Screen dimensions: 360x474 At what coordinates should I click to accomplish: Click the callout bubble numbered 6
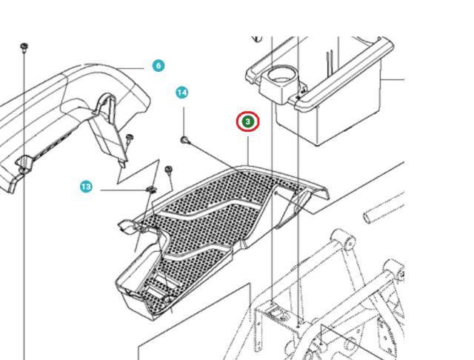tap(158, 66)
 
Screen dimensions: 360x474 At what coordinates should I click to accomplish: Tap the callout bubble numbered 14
tap(182, 93)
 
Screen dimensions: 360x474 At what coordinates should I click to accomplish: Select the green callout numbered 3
tap(248, 121)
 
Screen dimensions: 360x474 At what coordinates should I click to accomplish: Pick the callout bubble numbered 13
tap(86, 187)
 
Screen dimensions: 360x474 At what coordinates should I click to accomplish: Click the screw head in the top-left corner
tap(24, 47)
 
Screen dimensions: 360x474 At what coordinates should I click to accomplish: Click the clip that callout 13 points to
tap(151, 191)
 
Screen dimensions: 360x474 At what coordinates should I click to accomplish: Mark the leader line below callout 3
tap(248, 148)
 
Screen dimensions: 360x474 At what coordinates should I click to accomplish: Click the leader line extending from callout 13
tap(118, 190)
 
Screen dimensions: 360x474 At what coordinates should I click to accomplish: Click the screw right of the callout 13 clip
tap(169, 171)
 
